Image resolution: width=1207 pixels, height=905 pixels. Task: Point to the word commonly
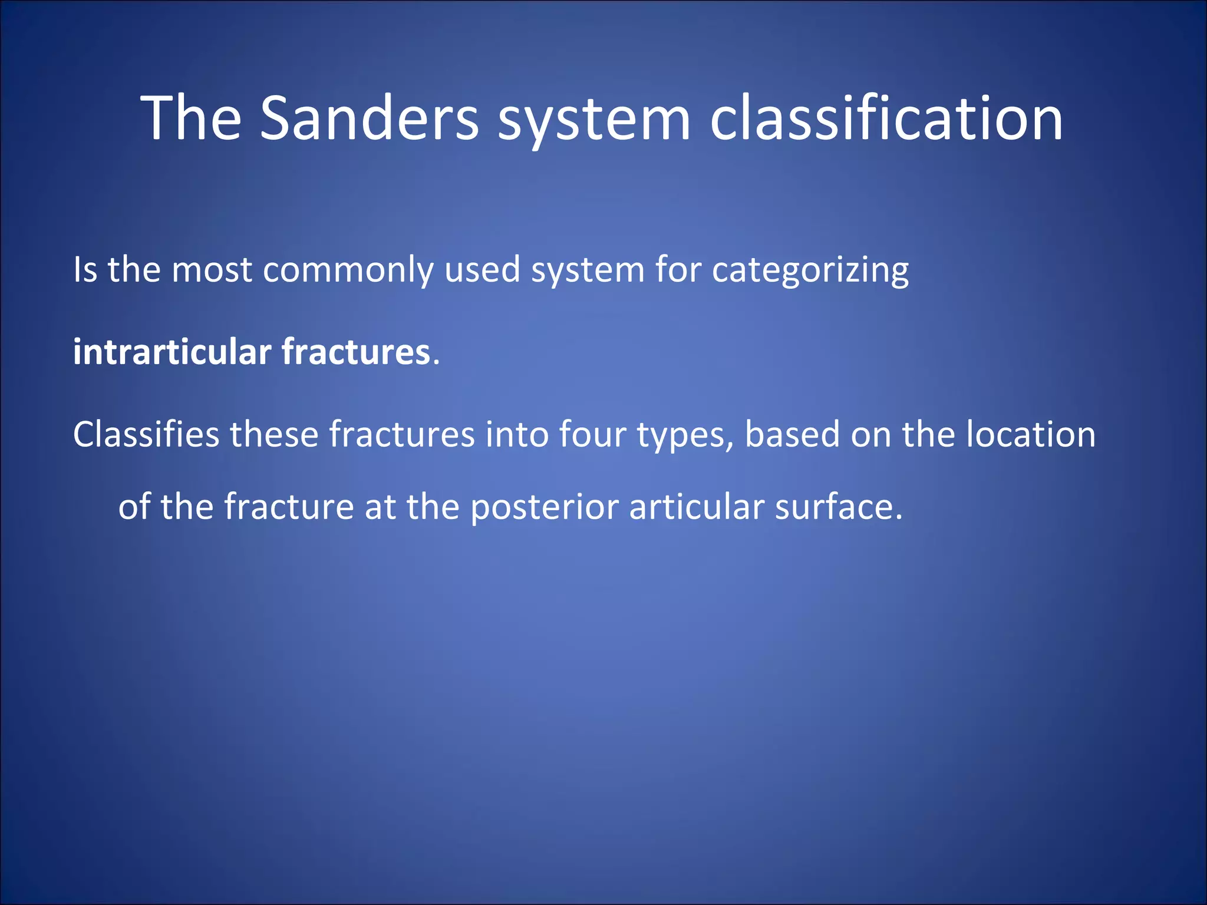click(348, 271)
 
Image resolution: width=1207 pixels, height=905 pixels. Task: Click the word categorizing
click(810, 271)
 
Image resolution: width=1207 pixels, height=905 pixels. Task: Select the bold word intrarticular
click(172, 352)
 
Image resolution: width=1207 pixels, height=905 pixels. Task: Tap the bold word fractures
click(356, 352)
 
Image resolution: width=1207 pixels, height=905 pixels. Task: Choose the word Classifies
click(146, 435)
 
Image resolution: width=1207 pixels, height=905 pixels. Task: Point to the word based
click(792, 435)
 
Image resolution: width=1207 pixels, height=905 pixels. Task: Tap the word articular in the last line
click(697, 507)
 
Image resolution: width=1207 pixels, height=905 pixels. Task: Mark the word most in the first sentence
click(212, 271)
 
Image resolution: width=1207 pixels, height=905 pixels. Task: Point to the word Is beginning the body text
click(85, 271)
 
